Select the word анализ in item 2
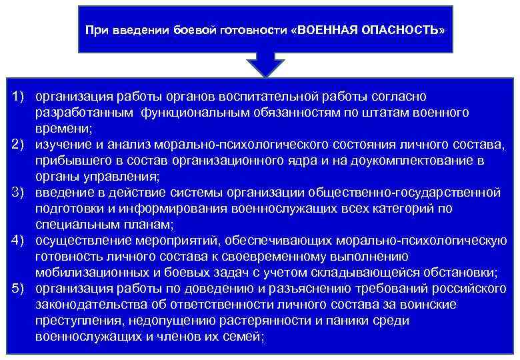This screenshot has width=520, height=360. (x=129, y=145)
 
